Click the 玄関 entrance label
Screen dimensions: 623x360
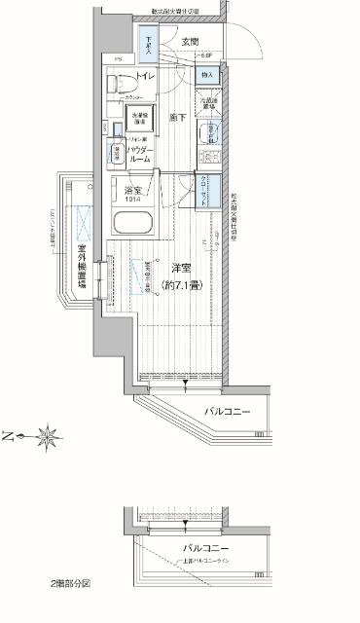pos(190,42)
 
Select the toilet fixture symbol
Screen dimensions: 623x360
pos(124,86)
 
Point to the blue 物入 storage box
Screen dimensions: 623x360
pos(207,75)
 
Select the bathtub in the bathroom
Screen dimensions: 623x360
pos(133,222)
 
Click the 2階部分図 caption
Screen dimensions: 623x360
pos(71,583)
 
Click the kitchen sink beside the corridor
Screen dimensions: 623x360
pos(208,136)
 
